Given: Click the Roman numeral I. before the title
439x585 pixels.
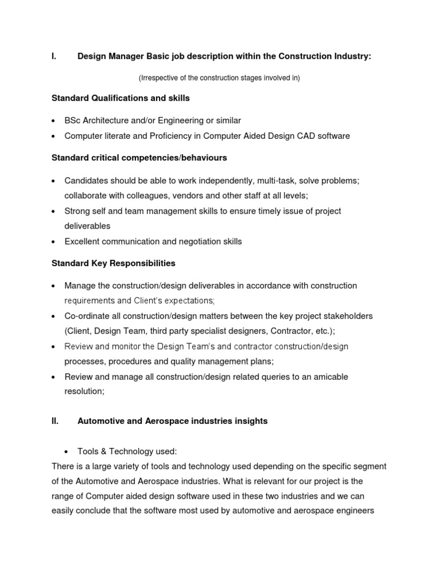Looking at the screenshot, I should point(54,56).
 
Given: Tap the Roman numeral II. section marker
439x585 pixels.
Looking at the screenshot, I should point(55,421).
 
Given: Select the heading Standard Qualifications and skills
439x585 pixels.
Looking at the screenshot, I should point(120,98).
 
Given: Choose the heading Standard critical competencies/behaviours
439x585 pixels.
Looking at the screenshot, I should point(139,157).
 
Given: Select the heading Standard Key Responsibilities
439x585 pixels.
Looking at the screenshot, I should point(113,263).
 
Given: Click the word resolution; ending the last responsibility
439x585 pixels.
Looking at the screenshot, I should point(85,392).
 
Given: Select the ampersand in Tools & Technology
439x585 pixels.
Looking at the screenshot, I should point(106,451).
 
